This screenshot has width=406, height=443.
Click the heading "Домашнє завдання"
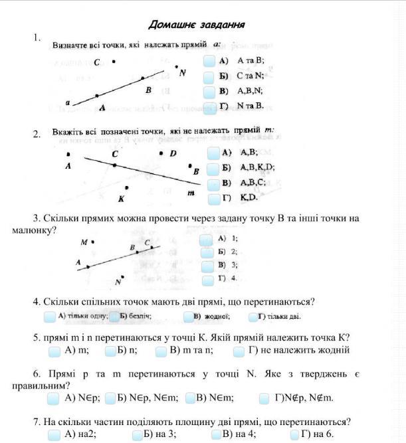197,25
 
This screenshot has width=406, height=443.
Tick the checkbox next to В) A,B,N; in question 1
210,92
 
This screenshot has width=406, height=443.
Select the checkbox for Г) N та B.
210,107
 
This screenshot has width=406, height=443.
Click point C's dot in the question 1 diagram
114,61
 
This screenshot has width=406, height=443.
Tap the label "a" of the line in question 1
68,102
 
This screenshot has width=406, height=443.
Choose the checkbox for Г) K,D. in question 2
213,199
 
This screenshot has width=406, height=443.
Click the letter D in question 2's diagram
173,153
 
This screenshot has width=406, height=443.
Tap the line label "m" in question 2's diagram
191,193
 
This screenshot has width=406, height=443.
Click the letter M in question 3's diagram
84,242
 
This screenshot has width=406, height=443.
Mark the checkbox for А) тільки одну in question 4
50,317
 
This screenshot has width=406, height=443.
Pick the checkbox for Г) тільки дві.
253,317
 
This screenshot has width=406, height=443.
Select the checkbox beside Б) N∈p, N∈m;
110,399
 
